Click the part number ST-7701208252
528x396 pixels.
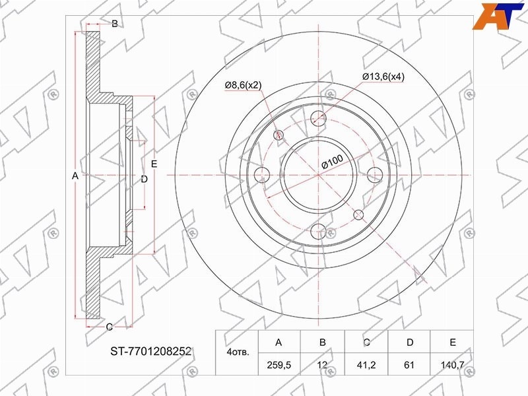151,352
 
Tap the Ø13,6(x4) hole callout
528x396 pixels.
383,77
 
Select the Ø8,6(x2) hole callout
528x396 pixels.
243,85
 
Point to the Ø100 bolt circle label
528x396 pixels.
332,162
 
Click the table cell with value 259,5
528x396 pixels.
279,364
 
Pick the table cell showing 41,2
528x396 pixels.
366,364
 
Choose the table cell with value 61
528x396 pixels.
409,364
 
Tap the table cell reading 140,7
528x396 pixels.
452,364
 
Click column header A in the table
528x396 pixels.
279,343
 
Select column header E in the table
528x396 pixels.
453,343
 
